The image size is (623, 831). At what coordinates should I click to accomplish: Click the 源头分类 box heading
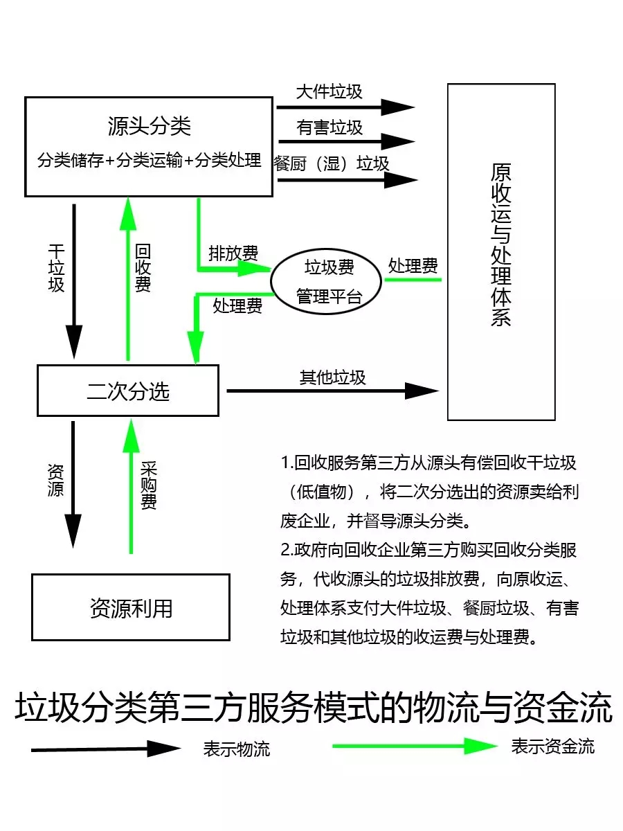[x=150, y=126]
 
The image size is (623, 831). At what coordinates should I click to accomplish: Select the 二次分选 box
[x=128, y=391]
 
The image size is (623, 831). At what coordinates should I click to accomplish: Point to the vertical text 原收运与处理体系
[x=500, y=245]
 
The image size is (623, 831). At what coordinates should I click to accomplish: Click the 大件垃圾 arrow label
[x=329, y=91]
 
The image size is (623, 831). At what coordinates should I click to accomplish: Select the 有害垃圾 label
[x=329, y=127]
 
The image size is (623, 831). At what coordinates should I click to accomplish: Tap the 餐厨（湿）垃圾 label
[x=332, y=163]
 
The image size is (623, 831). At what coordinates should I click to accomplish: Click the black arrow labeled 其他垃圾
[x=332, y=391]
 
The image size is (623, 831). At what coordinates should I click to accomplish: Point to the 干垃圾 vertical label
[x=56, y=268]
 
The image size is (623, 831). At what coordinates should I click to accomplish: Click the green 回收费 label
[x=143, y=268]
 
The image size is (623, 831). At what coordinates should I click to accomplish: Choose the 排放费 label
[x=233, y=253]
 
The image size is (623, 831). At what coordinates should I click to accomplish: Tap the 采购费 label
[x=148, y=485]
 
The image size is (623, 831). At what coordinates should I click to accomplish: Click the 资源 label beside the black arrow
[x=55, y=481]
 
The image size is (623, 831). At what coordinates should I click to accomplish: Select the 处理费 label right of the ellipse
[x=413, y=265]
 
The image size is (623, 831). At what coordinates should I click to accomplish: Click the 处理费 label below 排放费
[x=237, y=305]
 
